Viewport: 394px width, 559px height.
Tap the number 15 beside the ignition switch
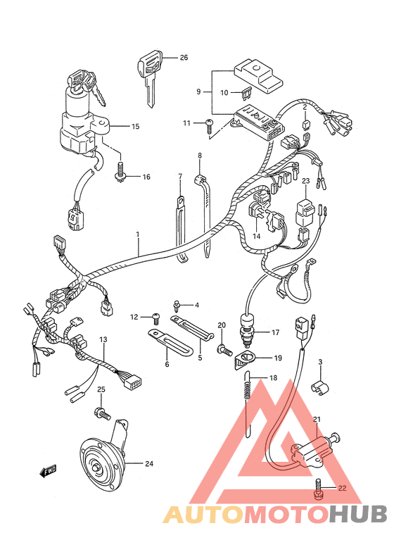coord(135,126)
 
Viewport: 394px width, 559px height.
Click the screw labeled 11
coord(210,125)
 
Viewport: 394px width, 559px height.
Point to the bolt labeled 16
coord(121,172)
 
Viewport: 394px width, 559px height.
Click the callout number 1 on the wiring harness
coord(137,234)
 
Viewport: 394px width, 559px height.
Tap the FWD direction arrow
coord(48,471)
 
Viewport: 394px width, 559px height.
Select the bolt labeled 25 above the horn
coord(102,414)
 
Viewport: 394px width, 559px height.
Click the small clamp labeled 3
coord(321,387)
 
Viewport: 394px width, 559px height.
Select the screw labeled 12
coord(156,318)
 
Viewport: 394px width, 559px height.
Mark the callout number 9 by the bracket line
coord(199,92)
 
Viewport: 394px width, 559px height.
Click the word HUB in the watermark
coord(358,515)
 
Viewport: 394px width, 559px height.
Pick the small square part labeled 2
coord(305,125)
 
